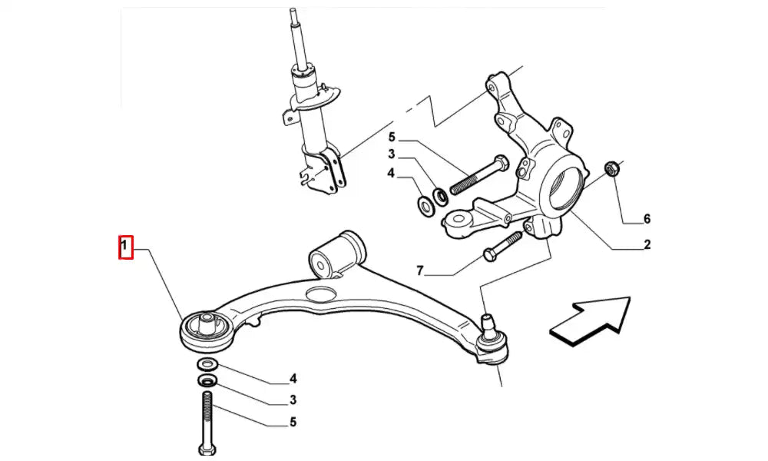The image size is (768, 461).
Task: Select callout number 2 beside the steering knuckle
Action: pyautogui.click(x=647, y=245)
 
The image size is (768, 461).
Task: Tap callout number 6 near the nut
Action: pyautogui.click(x=647, y=219)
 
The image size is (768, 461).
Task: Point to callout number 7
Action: pyautogui.click(x=420, y=270)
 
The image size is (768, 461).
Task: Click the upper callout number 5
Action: pyautogui.click(x=391, y=138)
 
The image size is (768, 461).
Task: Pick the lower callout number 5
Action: pyautogui.click(x=293, y=422)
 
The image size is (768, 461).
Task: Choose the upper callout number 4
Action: pyautogui.click(x=391, y=174)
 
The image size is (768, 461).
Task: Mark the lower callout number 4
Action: pyautogui.click(x=293, y=378)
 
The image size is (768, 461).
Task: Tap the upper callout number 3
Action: pyautogui.click(x=391, y=155)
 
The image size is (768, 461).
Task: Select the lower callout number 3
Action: pyautogui.click(x=293, y=400)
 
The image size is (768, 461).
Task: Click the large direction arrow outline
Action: pyautogui.click(x=589, y=317)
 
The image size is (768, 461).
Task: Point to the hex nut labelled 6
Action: pyautogui.click(x=612, y=167)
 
